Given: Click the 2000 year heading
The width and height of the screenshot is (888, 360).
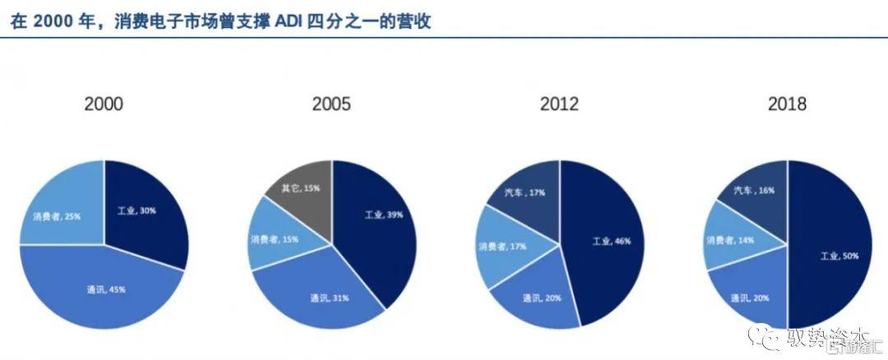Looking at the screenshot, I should click(104, 104).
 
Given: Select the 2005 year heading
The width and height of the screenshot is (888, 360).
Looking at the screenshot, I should click(331, 104).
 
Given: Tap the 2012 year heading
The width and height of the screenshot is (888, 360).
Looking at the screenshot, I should click(559, 104).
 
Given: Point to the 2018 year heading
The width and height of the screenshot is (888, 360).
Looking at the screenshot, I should click(787, 104).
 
